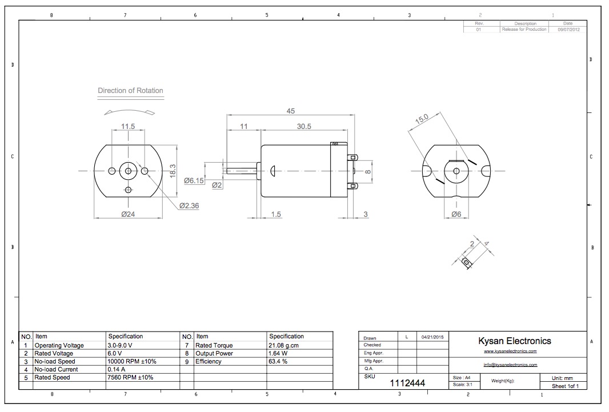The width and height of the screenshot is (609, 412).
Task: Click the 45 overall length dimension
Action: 290,111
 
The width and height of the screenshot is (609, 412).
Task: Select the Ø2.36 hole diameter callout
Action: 189,205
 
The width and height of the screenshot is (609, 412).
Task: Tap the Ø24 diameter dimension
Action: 127,214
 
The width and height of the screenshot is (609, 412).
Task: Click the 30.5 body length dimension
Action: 303,127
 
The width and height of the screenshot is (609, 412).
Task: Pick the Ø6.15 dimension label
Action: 194,180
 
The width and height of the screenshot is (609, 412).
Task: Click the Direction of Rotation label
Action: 130,90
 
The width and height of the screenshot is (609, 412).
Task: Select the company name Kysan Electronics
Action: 514,341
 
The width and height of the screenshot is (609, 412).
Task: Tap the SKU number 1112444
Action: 407,383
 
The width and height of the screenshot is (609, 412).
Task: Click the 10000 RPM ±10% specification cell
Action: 132,361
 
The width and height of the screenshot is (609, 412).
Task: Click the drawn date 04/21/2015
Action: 432,337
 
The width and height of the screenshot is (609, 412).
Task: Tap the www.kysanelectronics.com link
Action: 510,351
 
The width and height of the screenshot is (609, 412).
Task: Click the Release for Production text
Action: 524,29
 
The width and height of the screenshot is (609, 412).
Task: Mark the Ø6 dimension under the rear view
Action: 456,214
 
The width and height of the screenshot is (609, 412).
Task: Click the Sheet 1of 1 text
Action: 565,386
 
